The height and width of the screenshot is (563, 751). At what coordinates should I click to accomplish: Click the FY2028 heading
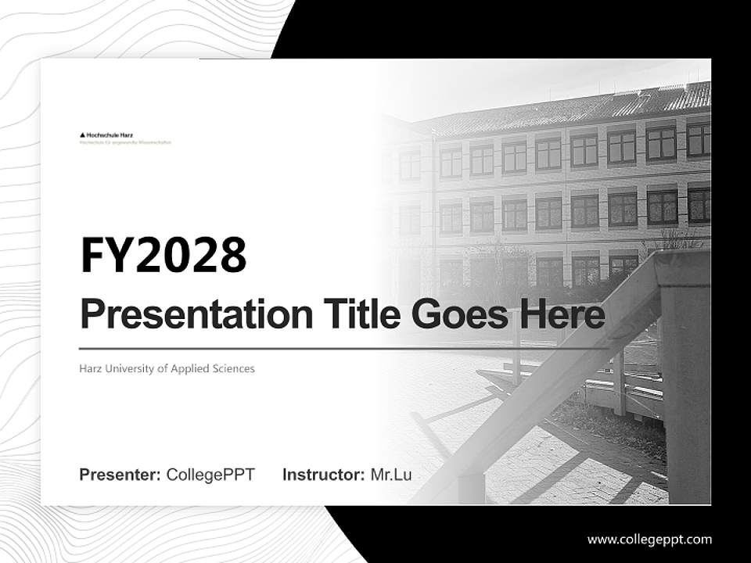163,255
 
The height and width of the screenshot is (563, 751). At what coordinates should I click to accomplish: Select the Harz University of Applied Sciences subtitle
167,368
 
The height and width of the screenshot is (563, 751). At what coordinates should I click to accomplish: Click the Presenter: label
120,475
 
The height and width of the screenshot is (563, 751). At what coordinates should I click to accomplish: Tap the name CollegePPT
210,475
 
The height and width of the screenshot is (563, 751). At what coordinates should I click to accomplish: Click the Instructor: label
323,475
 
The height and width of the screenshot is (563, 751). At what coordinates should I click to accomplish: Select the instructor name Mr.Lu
391,475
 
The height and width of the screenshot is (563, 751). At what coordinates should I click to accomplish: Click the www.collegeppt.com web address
649,540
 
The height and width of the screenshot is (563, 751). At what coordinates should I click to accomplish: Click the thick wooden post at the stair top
684,375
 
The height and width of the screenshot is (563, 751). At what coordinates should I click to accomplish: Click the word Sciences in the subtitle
233,368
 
